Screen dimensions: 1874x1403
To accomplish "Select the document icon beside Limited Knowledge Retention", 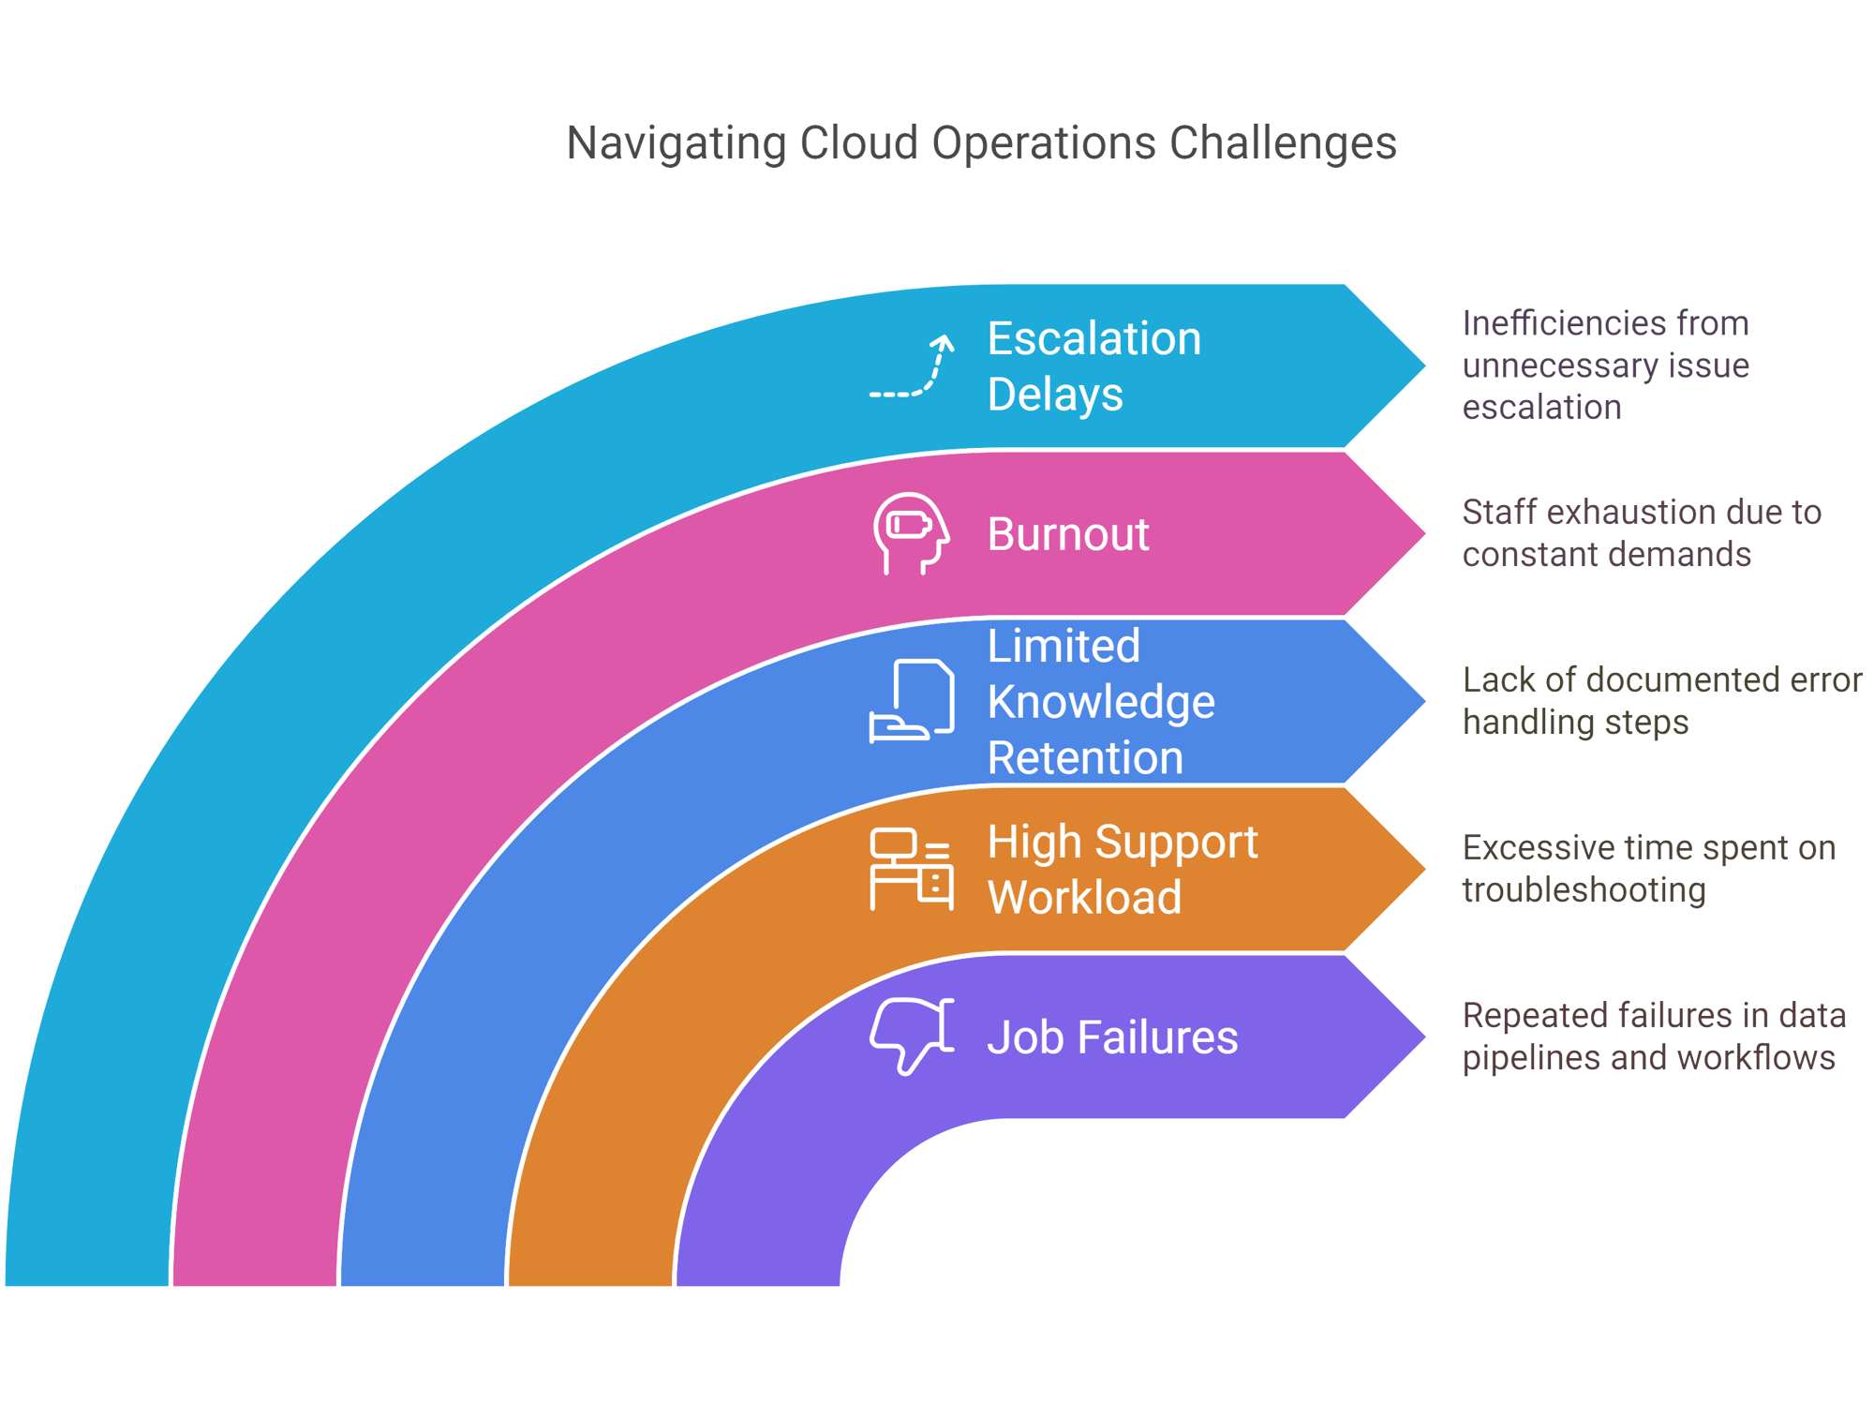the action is [912, 701].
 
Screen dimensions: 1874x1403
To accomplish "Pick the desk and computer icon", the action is [912, 869].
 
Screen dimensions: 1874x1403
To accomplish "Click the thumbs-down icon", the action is [912, 1036].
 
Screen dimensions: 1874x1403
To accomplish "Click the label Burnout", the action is [1068, 534].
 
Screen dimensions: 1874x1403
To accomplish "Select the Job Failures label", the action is [1112, 1037].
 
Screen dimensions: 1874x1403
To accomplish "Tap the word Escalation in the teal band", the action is [1094, 338].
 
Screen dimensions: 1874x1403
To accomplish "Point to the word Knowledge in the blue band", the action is [1101, 702].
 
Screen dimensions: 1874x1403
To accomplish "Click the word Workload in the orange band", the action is [1084, 897].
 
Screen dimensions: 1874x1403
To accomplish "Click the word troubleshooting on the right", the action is [1584, 890].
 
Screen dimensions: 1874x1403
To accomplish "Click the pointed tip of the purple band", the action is [1425, 1037].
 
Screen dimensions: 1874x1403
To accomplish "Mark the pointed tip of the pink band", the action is [1425, 534].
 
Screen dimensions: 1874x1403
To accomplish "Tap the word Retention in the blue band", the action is [1085, 757].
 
